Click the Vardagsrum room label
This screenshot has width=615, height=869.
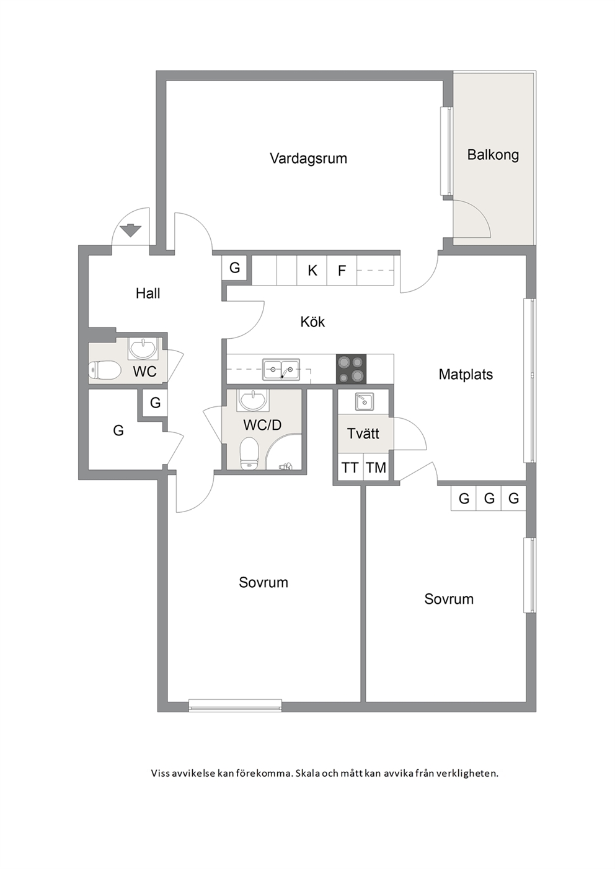click(308, 159)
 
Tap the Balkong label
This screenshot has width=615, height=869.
click(493, 155)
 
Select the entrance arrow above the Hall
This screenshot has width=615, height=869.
click(130, 230)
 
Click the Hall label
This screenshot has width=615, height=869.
click(148, 294)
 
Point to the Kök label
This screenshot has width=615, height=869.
click(312, 321)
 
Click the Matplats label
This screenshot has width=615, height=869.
click(466, 374)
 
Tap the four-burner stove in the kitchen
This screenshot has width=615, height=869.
click(351, 369)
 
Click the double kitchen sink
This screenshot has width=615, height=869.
click(281, 369)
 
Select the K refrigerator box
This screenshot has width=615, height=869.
click(312, 271)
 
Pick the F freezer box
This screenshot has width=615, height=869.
click(342, 271)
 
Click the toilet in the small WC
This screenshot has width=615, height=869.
click(104, 370)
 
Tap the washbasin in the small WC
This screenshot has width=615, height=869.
click(143, 348)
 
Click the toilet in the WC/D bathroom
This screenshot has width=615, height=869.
click(249, 453)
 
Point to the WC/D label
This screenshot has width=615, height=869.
click(262, 425)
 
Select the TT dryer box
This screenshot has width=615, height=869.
click(350, 468)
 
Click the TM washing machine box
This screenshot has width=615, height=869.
click(376, 468)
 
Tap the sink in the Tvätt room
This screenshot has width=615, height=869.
click(364, 401)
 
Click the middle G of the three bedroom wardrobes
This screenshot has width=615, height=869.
click(489, 498)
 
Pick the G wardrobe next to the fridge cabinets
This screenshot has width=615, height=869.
click(234, 268)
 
